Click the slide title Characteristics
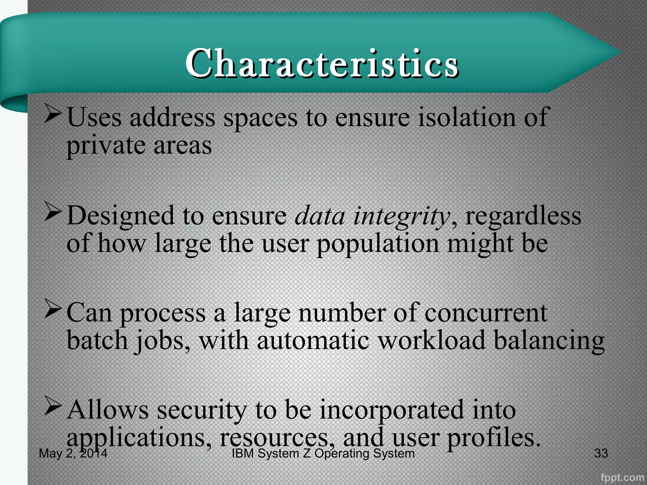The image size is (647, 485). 322,63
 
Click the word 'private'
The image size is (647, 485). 106,146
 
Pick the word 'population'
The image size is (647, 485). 378,244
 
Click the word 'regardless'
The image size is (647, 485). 523,216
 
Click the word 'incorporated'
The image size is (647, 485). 392,410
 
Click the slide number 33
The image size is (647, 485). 601,453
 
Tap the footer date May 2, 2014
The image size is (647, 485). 73,453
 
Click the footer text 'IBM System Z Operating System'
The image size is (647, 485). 323,453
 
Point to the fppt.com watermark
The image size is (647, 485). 622,477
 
